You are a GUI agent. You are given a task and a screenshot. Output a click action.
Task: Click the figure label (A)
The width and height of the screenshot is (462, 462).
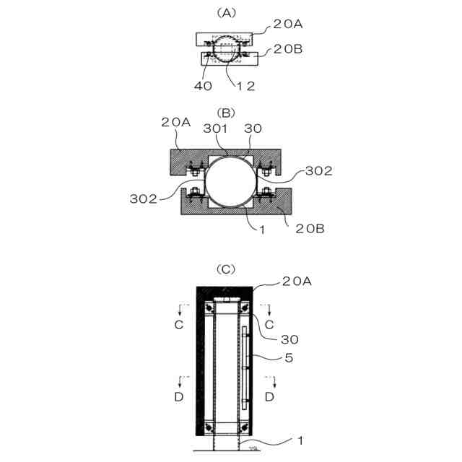point(226,13)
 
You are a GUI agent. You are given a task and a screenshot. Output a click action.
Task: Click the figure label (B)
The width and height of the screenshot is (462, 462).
point(226,113)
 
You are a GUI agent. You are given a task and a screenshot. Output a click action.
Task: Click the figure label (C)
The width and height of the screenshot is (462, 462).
point(226,269)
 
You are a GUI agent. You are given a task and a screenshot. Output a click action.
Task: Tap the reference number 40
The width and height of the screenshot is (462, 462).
point(203,86)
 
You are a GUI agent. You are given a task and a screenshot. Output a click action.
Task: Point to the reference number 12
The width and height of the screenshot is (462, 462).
point(245,86)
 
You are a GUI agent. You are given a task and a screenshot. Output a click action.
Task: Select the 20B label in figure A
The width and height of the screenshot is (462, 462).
point(288,49)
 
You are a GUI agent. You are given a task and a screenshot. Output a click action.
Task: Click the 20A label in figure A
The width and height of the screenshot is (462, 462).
point(288,24)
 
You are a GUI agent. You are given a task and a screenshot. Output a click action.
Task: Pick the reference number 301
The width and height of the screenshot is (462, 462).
point(215,128)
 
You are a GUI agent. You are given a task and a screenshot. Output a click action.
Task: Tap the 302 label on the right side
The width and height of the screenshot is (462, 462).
point(319,171)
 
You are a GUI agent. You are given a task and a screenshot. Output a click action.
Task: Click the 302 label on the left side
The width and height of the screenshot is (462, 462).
point(144,199)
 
